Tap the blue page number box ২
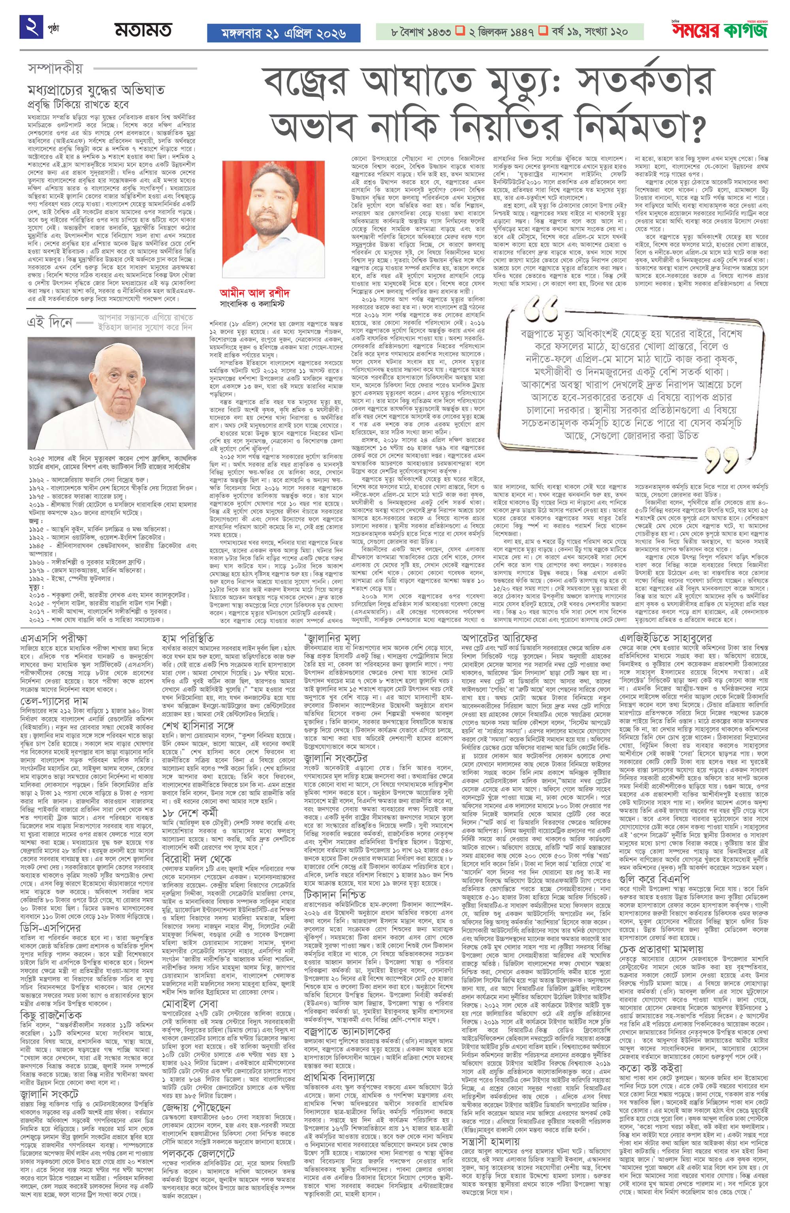(31, 27)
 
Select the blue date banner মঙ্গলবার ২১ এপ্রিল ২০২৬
(283, 33)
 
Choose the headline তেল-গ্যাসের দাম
(55, 702)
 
